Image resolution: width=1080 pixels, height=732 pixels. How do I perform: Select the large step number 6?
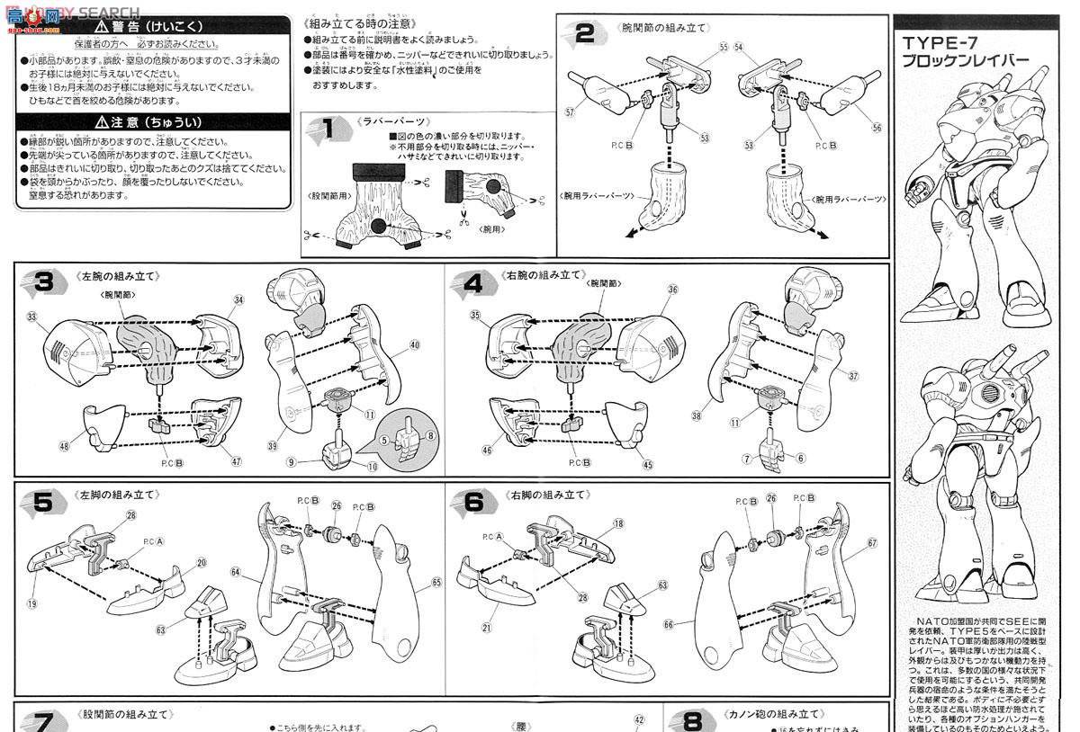coord(474,503)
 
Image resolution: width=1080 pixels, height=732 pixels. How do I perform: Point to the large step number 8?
coord(692,721)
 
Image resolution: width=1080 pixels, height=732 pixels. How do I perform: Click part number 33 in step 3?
coord(32,317)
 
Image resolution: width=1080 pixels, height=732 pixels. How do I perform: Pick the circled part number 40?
coord(414,344)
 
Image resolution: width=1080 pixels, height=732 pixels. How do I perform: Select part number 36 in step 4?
coord(672,290)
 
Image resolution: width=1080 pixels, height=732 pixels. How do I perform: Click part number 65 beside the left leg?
coord(436,583)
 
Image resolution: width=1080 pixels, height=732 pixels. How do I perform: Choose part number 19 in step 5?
coord(31,604)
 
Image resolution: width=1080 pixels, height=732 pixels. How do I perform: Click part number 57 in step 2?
coord(570,113)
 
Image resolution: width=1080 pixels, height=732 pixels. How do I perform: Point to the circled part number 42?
coord(640,719)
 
